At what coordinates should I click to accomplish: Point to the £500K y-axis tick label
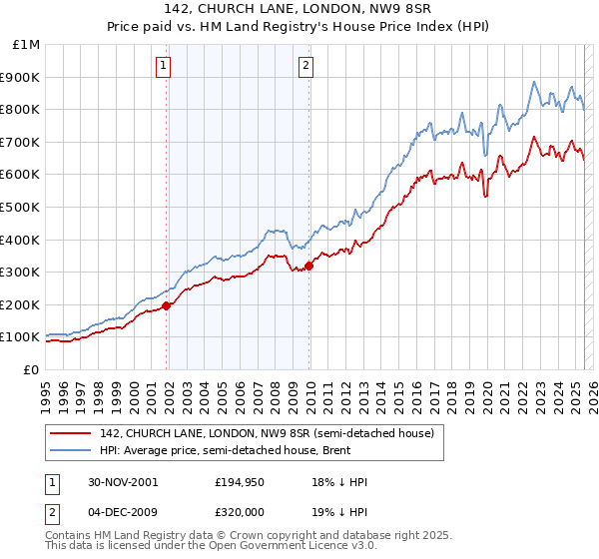point(21,207)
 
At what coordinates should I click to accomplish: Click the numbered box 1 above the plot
point(163,67)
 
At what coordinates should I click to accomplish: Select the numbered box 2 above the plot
point(304,67)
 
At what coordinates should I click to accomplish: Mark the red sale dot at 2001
point(167,305)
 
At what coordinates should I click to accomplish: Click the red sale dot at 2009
point(309,266)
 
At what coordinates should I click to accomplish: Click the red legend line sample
point(73,433)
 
